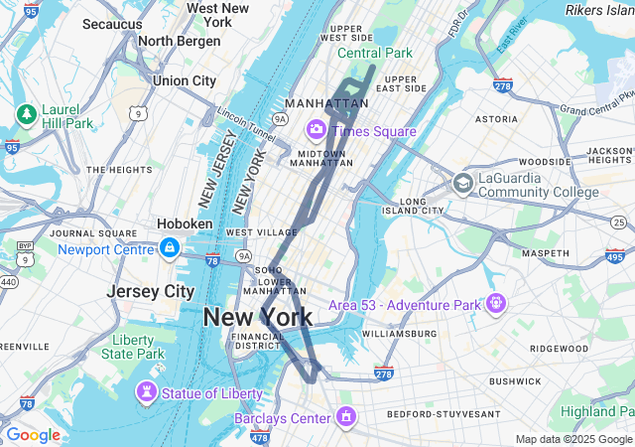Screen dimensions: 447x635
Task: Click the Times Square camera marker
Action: click(x=317, y=130)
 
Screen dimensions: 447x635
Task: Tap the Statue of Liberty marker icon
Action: click(x=148, y=393)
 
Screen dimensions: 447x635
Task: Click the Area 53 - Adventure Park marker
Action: click(x=495, y=302)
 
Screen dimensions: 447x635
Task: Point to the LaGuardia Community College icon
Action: click(x=462, y=183)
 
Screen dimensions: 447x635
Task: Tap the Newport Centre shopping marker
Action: click(x=170, y=248)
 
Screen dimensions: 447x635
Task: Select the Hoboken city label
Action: click(x=186, y=224)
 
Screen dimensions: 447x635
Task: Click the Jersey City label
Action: click(x=151, y=292)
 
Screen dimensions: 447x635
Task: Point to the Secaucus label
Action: click(x=112, y=23)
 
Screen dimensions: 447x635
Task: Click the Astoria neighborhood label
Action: click(x=496, y=119)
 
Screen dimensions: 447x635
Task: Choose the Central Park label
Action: click(x=374, y=53)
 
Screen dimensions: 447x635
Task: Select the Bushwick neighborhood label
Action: click(x=515, y=381)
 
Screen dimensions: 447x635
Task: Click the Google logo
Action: click(x=33, y=435)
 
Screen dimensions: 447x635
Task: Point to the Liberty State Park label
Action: click(x=133, y=348)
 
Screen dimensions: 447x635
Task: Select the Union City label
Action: click(x=184, y=80)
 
